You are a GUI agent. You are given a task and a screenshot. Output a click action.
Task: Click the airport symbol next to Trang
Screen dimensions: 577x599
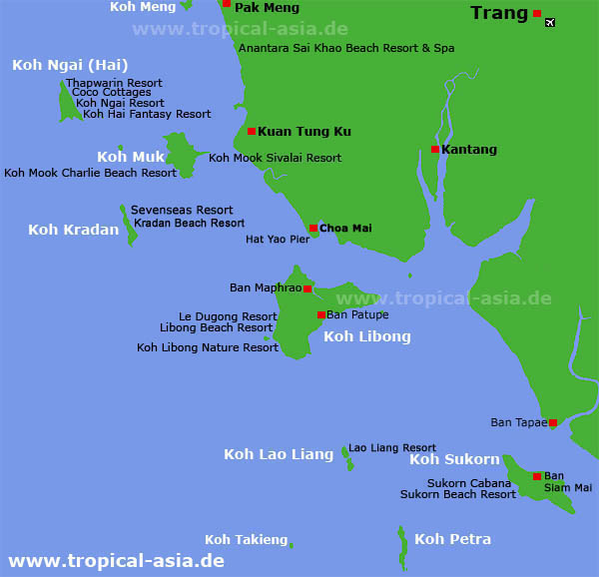550,22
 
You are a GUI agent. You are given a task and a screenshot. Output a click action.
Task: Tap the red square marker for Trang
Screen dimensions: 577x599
537,13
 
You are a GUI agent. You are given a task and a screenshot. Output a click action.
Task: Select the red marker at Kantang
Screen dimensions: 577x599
435,150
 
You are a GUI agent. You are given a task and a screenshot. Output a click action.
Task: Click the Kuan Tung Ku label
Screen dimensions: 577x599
304,131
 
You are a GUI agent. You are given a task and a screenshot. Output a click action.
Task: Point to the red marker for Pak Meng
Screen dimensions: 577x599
227,4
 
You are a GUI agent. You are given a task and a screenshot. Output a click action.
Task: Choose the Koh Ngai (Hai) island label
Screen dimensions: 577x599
71,65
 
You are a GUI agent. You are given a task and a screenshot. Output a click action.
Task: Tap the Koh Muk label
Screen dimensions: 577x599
131,157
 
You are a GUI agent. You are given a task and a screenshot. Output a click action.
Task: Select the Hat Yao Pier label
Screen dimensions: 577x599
278,240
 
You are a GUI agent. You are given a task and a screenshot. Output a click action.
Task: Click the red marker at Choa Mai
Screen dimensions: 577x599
313,229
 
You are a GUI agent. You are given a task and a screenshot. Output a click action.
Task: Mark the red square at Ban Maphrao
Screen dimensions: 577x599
307,288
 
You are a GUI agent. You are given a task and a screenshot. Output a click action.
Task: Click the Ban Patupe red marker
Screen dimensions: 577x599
320,314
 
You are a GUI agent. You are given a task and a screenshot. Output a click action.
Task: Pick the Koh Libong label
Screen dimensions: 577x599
366,336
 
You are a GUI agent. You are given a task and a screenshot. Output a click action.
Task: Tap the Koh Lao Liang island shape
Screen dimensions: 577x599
347,458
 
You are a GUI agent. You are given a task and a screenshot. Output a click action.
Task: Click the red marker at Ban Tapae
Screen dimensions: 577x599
553,423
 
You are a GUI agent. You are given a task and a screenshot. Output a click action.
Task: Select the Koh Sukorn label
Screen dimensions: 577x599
454,459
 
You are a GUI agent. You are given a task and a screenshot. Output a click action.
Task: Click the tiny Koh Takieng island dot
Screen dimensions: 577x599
291,544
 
